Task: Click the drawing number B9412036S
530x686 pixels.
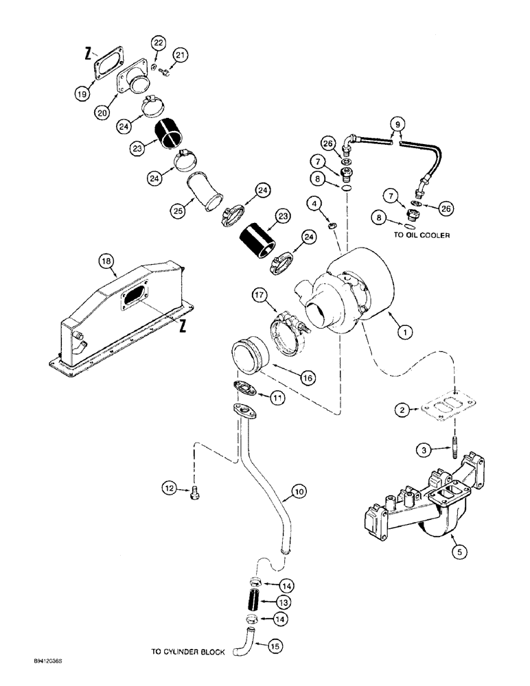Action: pyautogui.click(x=37, y=662)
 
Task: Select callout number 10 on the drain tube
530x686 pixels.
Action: pyautogui.click(x=297, y=491)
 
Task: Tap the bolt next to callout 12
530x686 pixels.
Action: pyautogui.click(x=197, y=490)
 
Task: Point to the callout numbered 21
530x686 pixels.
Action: pyautogui.click(x=180, y=55)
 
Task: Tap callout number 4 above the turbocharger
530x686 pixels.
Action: pyautogui.click(x=313, y=203)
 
